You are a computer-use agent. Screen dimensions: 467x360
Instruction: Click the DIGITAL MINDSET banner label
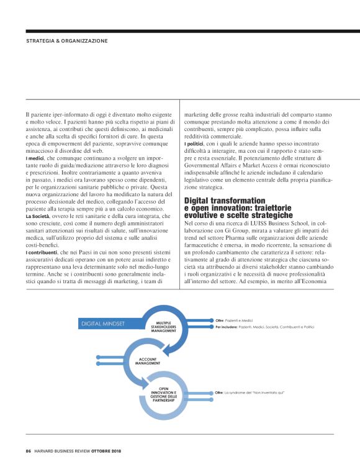tap(102, 324)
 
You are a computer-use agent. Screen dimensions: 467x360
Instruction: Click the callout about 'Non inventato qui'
tap(248, 393)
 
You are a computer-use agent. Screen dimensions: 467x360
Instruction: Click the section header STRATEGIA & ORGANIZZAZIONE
tap(66, 41)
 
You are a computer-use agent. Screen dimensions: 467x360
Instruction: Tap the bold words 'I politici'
tap(196, 145)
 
